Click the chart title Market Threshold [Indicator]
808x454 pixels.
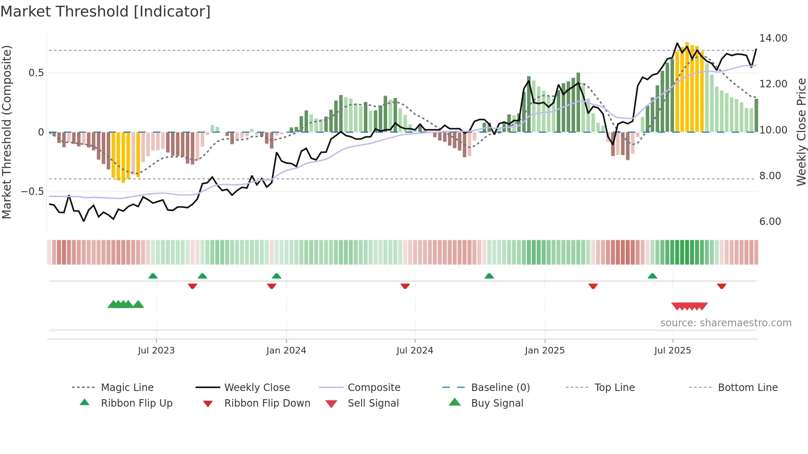(106, 12)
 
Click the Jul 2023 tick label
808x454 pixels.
(156, 351)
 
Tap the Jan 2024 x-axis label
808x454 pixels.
(286, 351)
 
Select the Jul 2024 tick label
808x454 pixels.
(415, 351)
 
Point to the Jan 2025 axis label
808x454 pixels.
(545, 351)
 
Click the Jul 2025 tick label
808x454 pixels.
(672, 351)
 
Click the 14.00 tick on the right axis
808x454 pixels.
(773, 38)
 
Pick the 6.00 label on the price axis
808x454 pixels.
(770, 222)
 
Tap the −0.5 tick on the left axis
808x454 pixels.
(33, 192)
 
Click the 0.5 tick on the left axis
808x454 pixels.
(36, 73)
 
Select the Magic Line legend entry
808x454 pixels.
(127, 388)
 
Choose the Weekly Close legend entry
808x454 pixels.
(257, 388)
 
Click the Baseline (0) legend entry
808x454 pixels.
(500, 388)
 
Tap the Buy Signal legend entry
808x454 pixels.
(497, 403)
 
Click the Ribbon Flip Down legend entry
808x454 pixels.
(267, 403)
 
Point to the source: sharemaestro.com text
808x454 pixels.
(726, 323)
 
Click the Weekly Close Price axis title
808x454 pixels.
(801, 132)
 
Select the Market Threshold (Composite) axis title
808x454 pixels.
(7, 132)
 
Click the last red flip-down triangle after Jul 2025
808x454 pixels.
(721, 286)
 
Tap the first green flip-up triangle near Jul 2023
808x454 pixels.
(153, 276)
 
